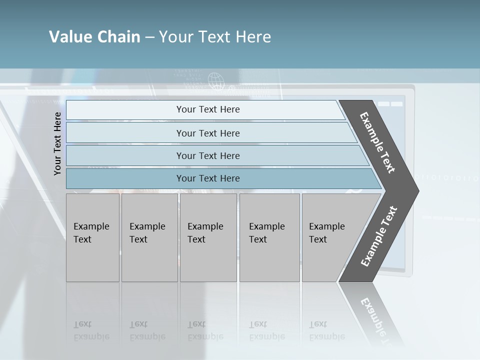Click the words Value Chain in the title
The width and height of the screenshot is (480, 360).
[x=94, y=37]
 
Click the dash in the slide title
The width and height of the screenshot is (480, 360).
[x=149, y=37]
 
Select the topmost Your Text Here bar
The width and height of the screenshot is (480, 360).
[x=207, y=109]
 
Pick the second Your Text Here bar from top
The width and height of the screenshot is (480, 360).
[x=207, y=133]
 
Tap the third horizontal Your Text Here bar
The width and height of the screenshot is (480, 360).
[x=207, y=155]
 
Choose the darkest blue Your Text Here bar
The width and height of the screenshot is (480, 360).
[x=207, y=178]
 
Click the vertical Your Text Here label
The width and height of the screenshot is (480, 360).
[x=57, y=143]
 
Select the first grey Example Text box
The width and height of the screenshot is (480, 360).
[x=92, y=237]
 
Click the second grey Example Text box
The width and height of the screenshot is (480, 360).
[x=149, y=237]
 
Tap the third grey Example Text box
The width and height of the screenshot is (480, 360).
[x=207, y=237]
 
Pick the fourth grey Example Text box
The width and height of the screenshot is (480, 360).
[x=269, y=237]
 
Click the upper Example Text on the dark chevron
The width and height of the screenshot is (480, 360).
[x=377, y=142]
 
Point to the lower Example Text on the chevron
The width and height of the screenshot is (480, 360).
[x=379, y=236]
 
